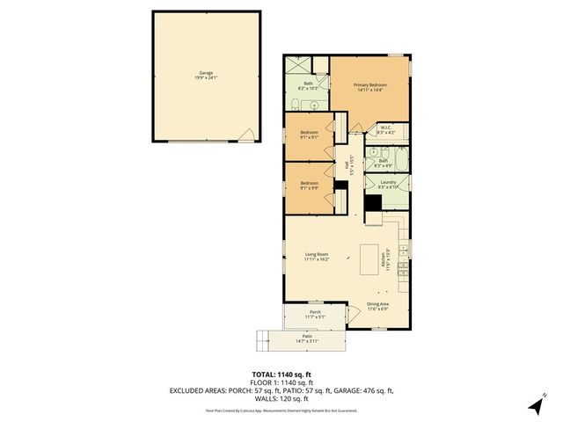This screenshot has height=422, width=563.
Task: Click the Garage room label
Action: (205, 76)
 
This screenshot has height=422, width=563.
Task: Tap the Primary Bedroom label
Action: (370, 87)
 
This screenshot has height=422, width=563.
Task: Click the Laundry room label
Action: (388, 185)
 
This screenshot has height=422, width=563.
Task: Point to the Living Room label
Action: (316, 257)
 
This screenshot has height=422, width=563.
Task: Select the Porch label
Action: (314, 314)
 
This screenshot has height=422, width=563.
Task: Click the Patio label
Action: (307, 338)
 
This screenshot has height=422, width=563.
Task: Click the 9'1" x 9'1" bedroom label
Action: (308, 135)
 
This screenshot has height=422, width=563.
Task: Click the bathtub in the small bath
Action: (402, 161)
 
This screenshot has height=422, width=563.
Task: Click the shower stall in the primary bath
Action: (298, 65)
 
